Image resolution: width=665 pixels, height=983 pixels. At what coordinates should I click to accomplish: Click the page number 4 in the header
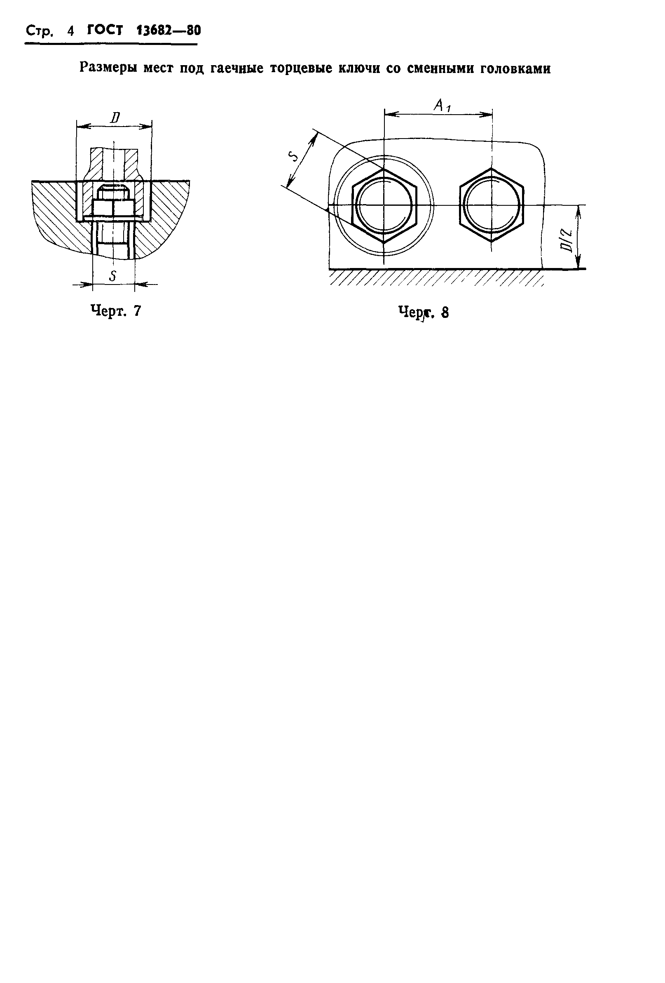(x=70, y=31)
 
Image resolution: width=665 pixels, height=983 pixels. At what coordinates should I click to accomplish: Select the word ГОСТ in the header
(x=105, y=31)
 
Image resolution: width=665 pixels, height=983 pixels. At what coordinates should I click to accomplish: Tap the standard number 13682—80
(x=169, y=31)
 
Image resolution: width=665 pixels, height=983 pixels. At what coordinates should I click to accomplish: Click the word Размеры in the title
(x=109, y=68)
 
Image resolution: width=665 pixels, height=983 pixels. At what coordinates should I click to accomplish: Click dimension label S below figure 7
(x=112, y=276)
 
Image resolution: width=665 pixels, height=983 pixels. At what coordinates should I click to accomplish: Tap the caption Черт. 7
(x=116, y=311)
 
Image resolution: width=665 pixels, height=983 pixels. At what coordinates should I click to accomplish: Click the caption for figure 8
(x=423, y=312)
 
